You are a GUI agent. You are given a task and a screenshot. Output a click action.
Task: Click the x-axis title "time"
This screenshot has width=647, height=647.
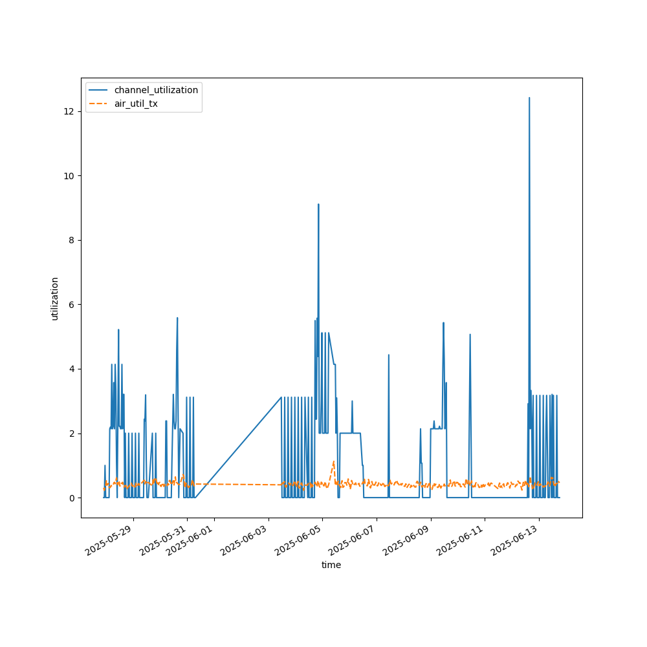pyautogui.click(x=331, y=565)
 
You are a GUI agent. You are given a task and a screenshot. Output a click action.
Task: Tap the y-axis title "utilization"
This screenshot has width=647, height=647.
pyautogui.click(x=55, y=298)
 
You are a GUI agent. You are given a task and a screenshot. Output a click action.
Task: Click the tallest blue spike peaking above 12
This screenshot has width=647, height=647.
pyautogui.click(x=529, y=99)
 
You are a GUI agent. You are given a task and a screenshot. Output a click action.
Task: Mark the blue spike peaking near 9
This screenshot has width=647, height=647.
pyautogui.click(x=318, y=205)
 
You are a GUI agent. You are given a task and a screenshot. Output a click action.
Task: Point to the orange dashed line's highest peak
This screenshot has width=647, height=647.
pyautogui.click(x=333, y=462)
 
